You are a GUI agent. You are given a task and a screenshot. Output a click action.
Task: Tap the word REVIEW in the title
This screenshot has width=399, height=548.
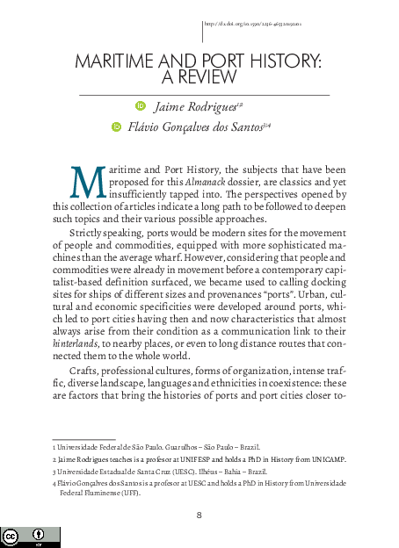[x=210, y=78]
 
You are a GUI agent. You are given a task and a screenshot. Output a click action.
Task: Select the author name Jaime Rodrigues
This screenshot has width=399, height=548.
[x=195, y=107]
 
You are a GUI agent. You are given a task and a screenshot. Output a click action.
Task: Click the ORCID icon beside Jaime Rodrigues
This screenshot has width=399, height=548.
[x=141, y=107]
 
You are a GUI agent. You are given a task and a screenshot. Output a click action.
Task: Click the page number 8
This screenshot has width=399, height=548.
[x=199, y=515]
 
